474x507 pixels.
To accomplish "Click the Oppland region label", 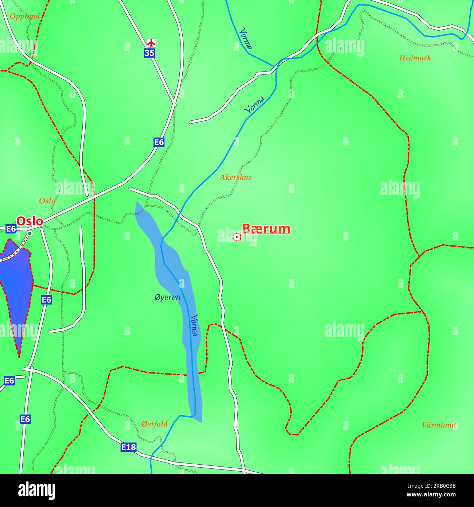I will coord(24,16).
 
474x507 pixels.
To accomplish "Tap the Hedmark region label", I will coord(415,58).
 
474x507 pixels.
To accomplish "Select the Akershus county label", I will coord(235,178).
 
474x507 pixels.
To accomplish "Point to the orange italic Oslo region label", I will coord(47,201).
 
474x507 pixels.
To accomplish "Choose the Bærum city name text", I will coord(266,229).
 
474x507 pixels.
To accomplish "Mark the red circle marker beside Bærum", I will coord(237,237).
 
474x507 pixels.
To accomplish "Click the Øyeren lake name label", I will coord(167,298).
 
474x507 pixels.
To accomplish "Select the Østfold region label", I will coord(154,424).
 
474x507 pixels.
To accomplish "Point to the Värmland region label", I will coord(439,425).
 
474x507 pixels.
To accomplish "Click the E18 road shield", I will coord(128,447).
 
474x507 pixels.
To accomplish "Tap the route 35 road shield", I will coord(149,53).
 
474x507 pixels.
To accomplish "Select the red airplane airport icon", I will coord(151,42).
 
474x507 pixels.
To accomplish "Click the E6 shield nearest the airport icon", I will coord(159,142).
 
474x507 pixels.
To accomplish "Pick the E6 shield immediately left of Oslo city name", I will coord(11,229).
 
